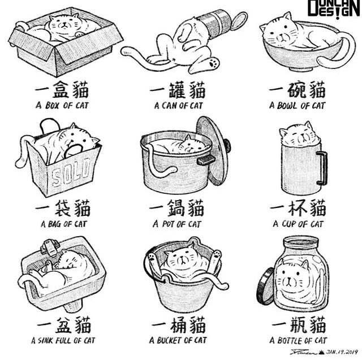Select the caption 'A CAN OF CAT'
tap(178, 105)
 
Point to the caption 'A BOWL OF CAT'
tap(298, 105)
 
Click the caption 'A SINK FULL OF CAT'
tap(63, 341)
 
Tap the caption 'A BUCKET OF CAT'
tap(178, 341)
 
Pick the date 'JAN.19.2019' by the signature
tap(338, 351)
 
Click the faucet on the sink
tap(50, 246)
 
